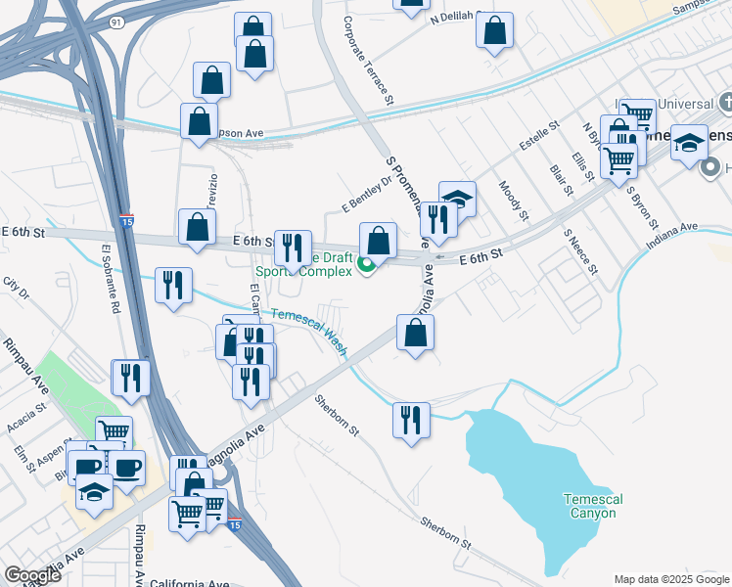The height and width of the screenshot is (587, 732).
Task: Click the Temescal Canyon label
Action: (x=592, y=506)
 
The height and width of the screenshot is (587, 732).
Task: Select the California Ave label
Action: (x=190, y=583)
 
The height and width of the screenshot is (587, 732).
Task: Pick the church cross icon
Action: (x=725, y=102)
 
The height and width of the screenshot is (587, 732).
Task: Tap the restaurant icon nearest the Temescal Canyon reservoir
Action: (x=411, y=421)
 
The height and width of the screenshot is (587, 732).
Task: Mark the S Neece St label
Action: (x=574, y=250)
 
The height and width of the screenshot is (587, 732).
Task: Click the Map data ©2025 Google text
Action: (x=671, y=579)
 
